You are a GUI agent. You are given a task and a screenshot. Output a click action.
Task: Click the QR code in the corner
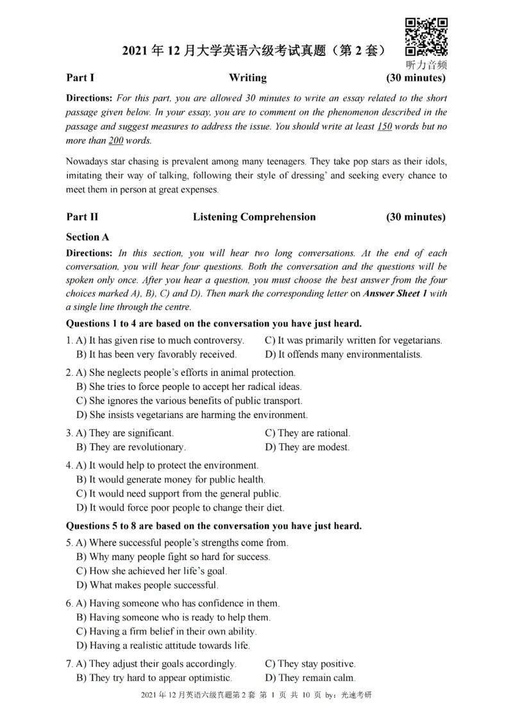click(x=426, y=37)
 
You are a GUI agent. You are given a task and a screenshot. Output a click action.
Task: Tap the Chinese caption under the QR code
click(x=426, y=65)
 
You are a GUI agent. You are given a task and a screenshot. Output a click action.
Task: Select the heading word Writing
click(x=248, y=78)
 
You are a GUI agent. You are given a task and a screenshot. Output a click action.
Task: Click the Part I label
click(x=80, y=78)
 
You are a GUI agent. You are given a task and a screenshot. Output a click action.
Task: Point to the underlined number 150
click(x=384, y=126)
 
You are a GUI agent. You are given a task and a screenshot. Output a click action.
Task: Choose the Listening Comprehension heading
click(x=254, y=217)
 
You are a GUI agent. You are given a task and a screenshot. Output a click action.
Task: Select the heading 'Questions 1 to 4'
click(x=214, y=323)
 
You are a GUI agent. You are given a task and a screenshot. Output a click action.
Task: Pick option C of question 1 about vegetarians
click(x=353, y=340)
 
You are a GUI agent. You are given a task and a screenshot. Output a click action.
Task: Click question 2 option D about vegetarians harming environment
click(x=192, y=414)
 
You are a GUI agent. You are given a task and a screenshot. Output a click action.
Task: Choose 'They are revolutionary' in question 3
click(x=131, y=447)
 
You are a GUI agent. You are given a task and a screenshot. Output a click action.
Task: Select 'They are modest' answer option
click(x=307, y=447)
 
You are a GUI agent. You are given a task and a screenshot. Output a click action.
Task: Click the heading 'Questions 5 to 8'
click(x=214, y=526)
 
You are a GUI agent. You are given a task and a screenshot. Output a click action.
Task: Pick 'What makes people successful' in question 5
click(x=147, y=585)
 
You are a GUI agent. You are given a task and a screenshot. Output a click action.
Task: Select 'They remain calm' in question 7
click(x=310, y=678)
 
